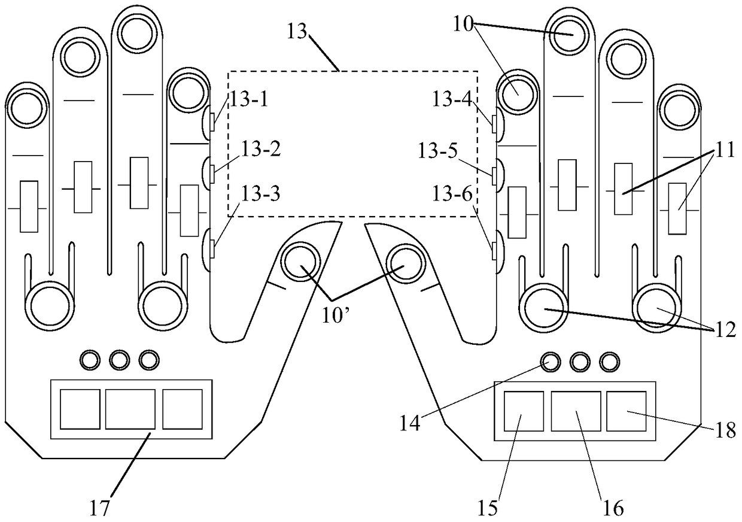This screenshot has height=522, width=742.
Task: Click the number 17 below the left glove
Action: click(100, 508)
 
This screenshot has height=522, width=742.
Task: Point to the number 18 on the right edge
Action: click(725, 431)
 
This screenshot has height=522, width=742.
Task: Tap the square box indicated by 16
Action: click(576, 411)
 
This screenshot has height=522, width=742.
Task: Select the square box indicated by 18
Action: click(627, 411)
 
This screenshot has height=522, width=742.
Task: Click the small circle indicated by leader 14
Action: click(550, 361)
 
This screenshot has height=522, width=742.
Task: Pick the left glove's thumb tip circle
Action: click(302, 262)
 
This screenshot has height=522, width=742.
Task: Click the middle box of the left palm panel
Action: click(130, 409)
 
